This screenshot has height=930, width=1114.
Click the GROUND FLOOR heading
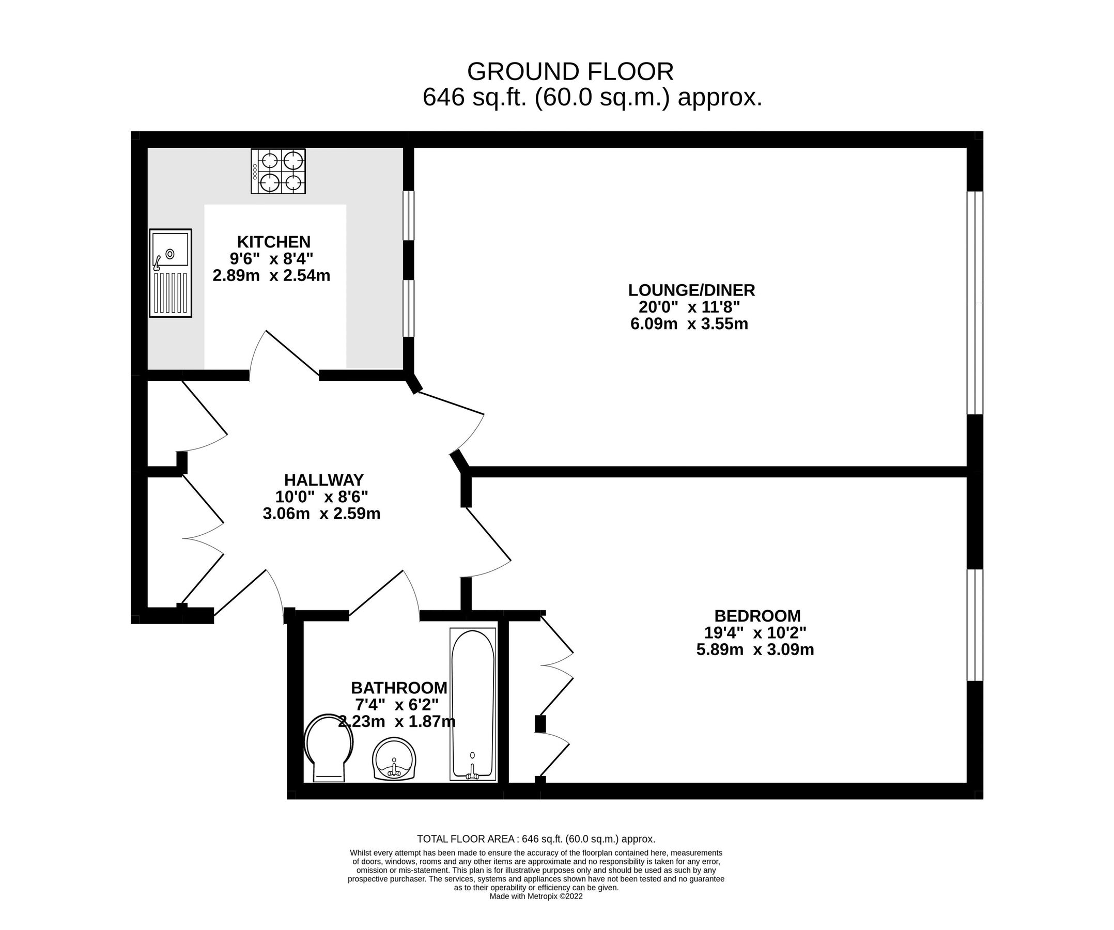[570, 72]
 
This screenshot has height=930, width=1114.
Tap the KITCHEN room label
[274, 242]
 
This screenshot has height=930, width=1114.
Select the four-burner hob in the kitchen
[278, 171]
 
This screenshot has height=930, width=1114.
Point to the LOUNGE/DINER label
[691, 290]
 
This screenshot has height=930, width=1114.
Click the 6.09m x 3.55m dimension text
[689, 323]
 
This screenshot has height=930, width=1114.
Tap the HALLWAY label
[323, 480]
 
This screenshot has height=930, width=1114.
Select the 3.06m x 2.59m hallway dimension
[321, 514]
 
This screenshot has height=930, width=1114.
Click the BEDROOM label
[757, 616]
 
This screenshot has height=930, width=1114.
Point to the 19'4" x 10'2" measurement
[755, 633]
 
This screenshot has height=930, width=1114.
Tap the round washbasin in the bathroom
[394, 760]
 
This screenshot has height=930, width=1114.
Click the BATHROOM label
[399, 688]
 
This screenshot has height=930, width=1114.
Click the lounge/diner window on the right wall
[974, 302]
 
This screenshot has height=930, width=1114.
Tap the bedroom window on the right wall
[974, 625]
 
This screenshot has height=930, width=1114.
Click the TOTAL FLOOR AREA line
[536, 839]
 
